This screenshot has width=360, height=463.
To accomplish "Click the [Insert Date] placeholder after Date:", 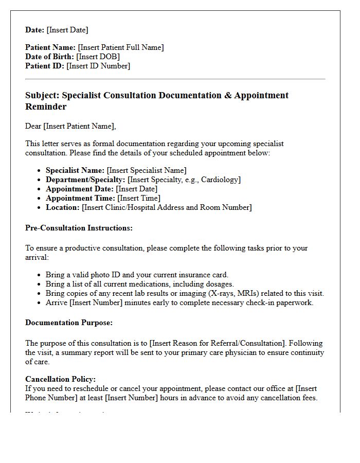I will pos(67,30).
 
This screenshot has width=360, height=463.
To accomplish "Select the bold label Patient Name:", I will pos(50,47).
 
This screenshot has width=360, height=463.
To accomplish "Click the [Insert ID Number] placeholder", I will pos(98,66).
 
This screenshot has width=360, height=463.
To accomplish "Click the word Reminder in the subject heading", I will pos(46,106).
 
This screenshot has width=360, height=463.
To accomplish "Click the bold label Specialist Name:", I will pos(75,170).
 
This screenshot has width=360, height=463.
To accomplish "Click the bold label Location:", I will pos(63,207).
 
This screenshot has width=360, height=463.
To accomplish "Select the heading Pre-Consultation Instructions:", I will pos(79,228).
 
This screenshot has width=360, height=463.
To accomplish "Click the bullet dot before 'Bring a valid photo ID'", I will pos(40,275).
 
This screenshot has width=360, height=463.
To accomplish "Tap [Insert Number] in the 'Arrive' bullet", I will pos(93,302).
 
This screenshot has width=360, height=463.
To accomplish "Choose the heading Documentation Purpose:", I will pos(69,323).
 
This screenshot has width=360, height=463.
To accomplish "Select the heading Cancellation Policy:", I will pos(60,379).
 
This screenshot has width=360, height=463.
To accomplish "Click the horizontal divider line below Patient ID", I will pos(175,79).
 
